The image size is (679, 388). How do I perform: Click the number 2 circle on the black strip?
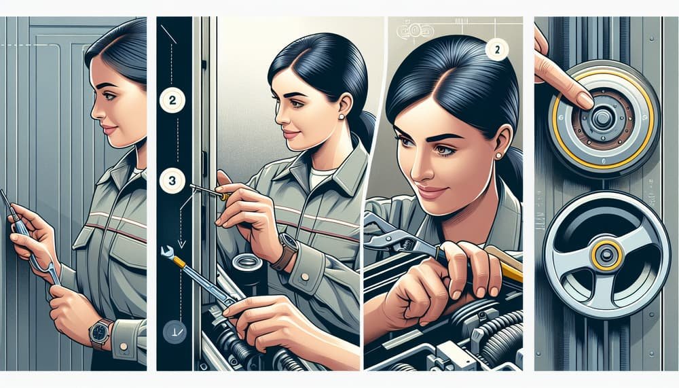pyautogui.click(x=170, y=100)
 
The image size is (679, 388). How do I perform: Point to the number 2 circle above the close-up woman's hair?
pyautogui.click(x=496, y=49)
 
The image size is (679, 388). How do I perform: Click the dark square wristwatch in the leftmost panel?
pyautogui.click(x=101, y=332)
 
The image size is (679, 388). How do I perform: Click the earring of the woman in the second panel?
pyautogui.click(x=340, y=116)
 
